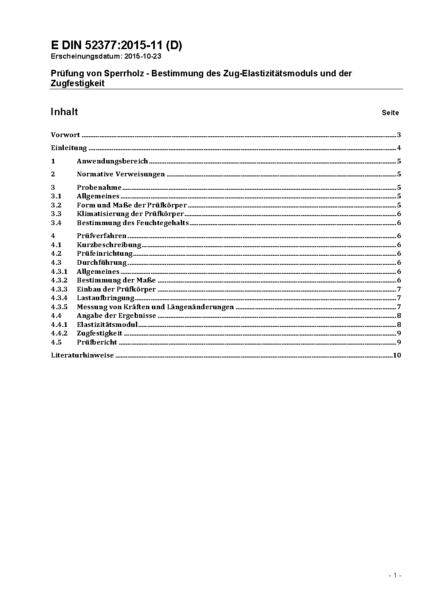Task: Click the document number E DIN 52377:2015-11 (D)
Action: point(116,46)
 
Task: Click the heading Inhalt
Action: point(64,112)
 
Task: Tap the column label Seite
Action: point(390,113)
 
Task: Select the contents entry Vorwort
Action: point(65,135)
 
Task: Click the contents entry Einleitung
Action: point(69,148)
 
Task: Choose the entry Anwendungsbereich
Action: point(112,161)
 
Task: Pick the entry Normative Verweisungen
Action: point(121,174)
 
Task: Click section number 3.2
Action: point(56,205)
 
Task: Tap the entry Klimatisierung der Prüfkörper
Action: point(130,214)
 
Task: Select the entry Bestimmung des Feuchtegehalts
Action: point(133,223)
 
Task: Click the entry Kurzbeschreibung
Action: point(109,245)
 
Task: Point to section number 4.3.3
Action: point(59,289)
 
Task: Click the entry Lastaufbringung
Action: point(106,298)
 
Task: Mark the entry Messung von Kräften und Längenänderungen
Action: point(155,307)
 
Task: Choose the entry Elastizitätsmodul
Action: point(107,325)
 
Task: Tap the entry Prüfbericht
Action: point(97,342)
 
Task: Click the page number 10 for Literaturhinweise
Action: point(397,355)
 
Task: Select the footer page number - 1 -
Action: point(395,575)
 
